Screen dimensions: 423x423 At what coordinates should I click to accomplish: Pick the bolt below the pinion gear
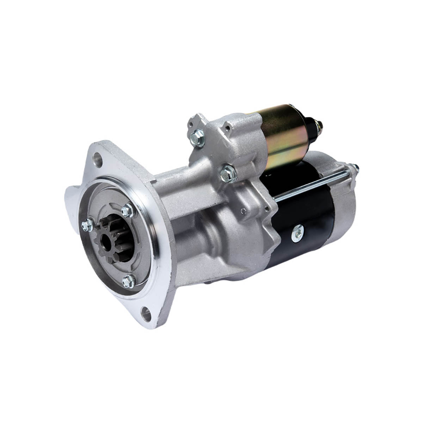(x=127, y=280)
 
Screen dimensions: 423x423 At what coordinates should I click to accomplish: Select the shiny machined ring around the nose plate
(x=148, y=247)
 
